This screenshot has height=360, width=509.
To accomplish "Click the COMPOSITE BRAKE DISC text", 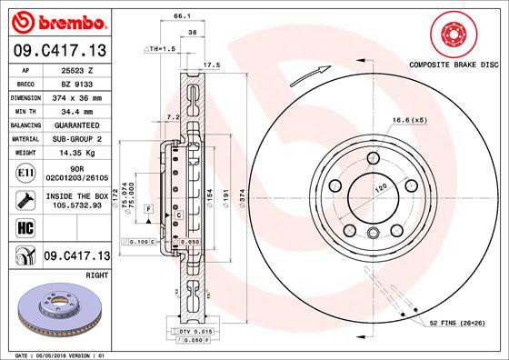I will (x=451, y=66).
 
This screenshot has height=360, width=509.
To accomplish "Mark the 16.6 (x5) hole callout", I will (x=409, y=120).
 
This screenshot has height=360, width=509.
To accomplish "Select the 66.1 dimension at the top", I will (x=181, y=16).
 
